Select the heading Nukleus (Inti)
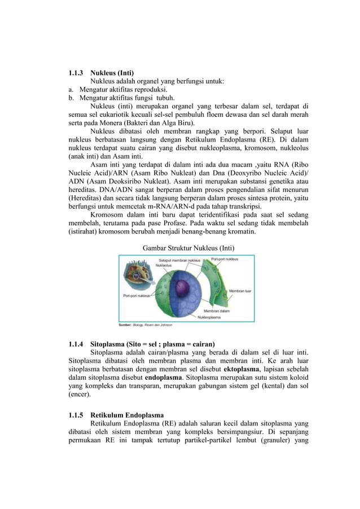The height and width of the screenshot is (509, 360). coord(112,73)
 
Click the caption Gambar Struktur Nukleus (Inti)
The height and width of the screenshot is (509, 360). coord(188,248)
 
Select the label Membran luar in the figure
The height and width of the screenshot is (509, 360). coord(240,292)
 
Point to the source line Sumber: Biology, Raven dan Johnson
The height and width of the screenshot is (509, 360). coord(144,325)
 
